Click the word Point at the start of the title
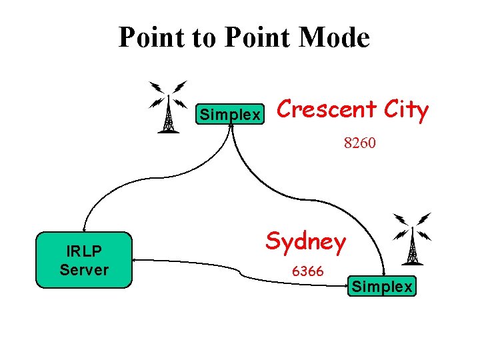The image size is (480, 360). click(148, 37)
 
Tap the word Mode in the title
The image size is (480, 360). click(334, 37)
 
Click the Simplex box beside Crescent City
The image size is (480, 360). click(230, 115)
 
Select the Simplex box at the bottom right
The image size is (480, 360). click(382, 287)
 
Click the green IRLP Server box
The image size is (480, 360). click(84, 261)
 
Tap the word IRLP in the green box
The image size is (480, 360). click(83, 252)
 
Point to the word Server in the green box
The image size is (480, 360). click(84, 269)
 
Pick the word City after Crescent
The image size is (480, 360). click(404, 110)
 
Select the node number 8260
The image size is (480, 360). click(360, 142)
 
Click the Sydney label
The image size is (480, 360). click(306, 241)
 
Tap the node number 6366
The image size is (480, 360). click(307, 271)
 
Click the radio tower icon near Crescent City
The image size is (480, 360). click(168, 107)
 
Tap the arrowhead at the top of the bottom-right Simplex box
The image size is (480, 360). click(384, 273)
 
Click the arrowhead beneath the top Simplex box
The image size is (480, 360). click(230, 126)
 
